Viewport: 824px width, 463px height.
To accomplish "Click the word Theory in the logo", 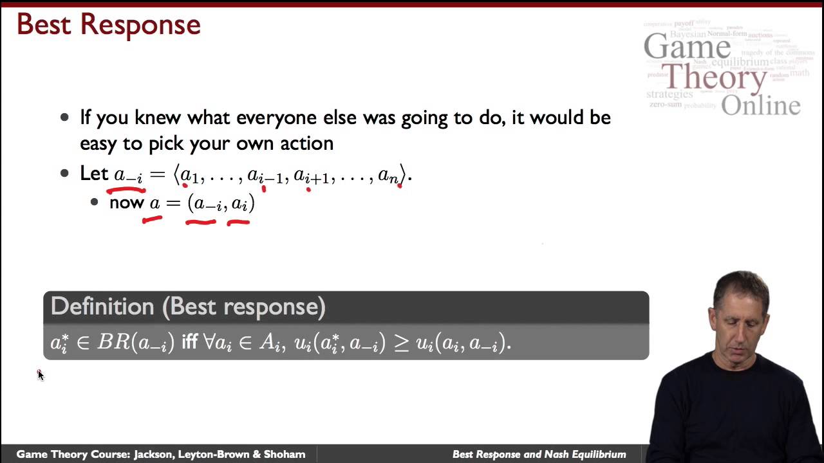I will click(715, 78).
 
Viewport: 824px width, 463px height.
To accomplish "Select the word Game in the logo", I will click(687, 47).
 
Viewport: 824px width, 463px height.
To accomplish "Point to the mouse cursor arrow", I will click(40, 375).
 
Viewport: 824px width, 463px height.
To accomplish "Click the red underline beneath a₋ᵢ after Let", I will click(126, 190).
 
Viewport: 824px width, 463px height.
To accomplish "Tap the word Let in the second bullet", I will click(94, 174).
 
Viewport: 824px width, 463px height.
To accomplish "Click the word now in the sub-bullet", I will click(126, 203).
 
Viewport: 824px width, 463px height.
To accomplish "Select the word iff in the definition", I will click(189, 343).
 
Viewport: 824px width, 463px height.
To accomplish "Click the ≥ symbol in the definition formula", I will click(401, 343).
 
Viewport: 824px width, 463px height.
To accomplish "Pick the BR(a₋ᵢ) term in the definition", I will click(135, 343).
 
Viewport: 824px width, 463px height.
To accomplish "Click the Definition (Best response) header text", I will click(188, 307).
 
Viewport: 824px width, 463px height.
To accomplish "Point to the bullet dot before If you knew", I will click(64, 118).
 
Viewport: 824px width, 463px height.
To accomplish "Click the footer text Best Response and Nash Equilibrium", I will click(539, 455).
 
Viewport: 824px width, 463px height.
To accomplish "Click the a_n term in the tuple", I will click(388, 175).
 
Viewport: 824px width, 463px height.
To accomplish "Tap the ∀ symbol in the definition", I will click(209, 342).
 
